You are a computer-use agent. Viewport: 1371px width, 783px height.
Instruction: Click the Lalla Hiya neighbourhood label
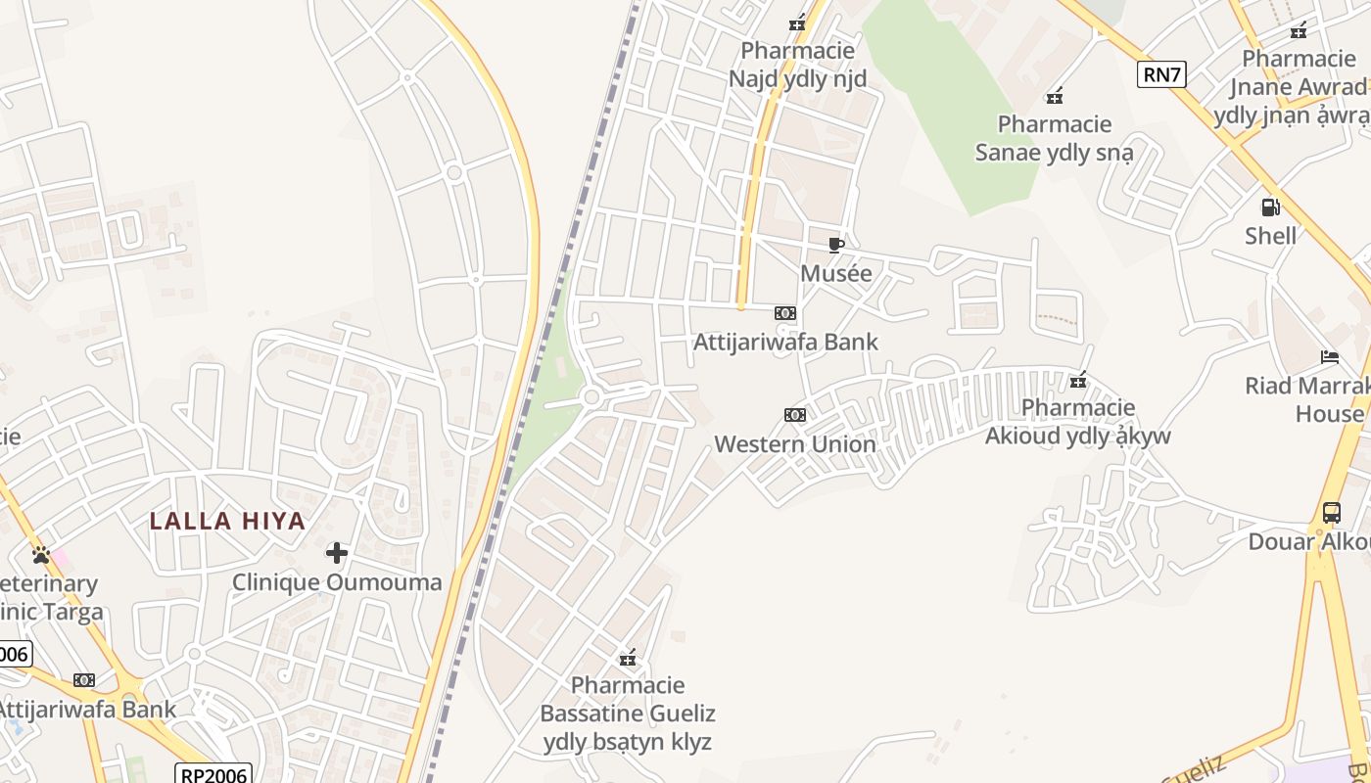tap(227, 521)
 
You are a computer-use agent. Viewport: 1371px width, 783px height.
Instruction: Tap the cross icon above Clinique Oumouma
tap(337, 553)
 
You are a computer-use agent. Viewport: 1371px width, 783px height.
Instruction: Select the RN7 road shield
tap(1161, 74)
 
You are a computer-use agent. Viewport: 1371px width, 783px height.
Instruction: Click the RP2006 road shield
tap(213, 773)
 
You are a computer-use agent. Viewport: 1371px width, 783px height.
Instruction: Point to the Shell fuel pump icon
tap(1270, 207)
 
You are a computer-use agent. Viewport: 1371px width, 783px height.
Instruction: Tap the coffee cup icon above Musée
tap(835, 245)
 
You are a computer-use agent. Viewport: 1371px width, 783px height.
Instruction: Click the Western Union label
tap(794, 444)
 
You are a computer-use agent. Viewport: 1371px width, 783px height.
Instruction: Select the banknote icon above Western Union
tap(794, 415)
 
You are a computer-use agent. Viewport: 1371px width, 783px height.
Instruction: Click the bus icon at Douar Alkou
tap(1331, 512)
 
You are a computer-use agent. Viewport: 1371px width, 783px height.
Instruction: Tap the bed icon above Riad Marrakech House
tap(1329, 356)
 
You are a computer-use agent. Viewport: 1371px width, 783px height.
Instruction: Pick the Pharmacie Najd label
tap(797, 65)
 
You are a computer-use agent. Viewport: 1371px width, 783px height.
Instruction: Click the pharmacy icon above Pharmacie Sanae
tap(1055, 96)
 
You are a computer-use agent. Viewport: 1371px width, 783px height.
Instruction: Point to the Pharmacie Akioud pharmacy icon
tap(1078, 380)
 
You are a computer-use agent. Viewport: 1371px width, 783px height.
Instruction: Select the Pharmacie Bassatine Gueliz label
tap(628, 713)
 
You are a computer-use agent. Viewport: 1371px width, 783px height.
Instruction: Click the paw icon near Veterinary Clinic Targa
tap(40, 555)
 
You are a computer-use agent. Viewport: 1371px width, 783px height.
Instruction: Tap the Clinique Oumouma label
tap(337, 582)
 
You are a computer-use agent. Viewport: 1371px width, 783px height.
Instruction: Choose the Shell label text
tap(1270, 236)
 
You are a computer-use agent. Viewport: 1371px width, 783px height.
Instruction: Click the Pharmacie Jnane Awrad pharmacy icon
tap(1299, 30)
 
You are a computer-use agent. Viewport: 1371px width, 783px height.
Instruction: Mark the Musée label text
tap(835, 274)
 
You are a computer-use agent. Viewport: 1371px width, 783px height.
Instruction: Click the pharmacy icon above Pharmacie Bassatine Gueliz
tap(628, 657)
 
